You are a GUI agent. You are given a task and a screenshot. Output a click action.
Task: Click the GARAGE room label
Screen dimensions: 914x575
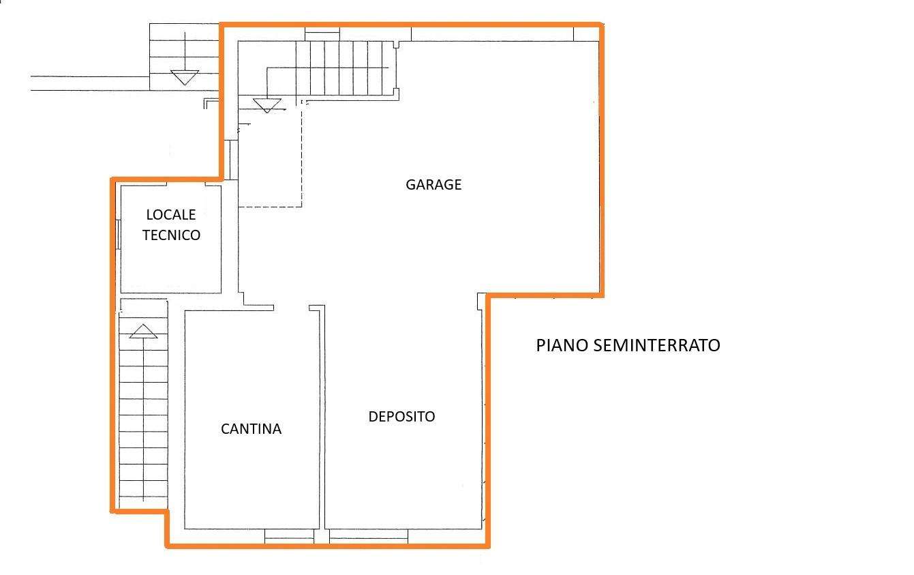point(433,185)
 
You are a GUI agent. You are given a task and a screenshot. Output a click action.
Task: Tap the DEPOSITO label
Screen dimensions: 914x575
point(401,417)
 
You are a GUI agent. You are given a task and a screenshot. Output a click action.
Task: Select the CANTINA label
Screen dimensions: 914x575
point(251,429)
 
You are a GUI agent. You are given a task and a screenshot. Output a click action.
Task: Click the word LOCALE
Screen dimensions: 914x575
point(171,215)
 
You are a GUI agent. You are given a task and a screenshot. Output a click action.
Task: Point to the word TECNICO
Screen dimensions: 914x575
point(171,235)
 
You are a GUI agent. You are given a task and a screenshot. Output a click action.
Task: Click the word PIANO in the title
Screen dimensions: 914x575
point(562,346)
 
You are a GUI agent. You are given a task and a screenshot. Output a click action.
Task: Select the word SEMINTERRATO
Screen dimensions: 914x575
point(656,346)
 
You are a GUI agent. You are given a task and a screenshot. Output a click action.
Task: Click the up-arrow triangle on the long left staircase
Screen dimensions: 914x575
point(143,331)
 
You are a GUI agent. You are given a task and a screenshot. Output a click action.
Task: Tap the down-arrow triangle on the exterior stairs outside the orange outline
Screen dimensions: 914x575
point(185,78)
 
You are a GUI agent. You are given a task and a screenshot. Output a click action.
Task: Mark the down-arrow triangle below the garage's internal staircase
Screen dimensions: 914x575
point(267,105)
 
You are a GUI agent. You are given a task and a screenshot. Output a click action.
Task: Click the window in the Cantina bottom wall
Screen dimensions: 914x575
point(289,536)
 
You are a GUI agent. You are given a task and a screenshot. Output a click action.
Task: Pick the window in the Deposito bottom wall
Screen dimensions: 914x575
point(369,536)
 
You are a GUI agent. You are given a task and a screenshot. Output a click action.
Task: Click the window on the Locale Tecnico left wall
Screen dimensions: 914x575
point(118,235)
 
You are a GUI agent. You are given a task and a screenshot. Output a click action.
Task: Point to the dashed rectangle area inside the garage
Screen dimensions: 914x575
point(270,153)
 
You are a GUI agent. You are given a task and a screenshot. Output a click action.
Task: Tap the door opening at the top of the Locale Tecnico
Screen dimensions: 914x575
point(185,183)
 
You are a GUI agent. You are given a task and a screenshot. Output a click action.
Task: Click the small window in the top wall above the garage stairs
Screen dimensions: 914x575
point(322,34)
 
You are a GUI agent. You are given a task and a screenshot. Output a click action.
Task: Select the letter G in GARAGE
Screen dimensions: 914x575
point(410,185)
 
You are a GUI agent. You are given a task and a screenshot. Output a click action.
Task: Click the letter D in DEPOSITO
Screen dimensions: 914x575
point(373,417)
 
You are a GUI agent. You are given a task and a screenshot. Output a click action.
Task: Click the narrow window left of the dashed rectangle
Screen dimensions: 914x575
point(231,160)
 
